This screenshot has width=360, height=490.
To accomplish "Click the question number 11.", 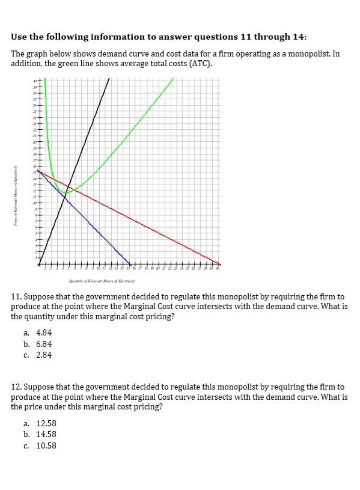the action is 17,297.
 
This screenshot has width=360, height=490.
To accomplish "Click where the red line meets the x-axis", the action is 220,264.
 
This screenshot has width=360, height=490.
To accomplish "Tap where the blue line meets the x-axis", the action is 130,264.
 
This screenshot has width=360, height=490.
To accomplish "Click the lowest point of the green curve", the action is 69,192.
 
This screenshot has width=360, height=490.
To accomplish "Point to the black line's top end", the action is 109,78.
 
